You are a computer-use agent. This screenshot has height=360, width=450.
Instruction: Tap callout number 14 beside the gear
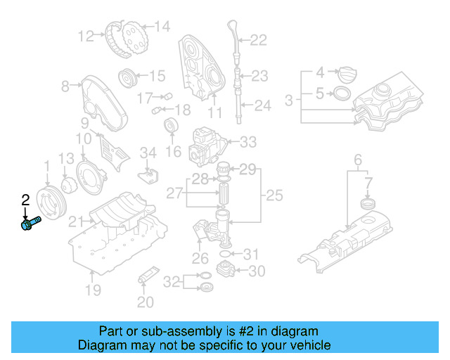coord(162,27)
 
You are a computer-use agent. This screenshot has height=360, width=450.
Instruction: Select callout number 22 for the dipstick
coord(259,41)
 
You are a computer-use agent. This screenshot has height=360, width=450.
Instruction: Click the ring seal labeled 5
coord(341,94)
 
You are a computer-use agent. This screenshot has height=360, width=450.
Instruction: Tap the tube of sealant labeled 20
coord(147,275)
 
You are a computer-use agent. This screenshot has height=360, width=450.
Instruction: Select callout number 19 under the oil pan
coord(94,290)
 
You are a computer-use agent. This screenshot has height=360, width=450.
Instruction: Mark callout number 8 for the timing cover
coord(65,86)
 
